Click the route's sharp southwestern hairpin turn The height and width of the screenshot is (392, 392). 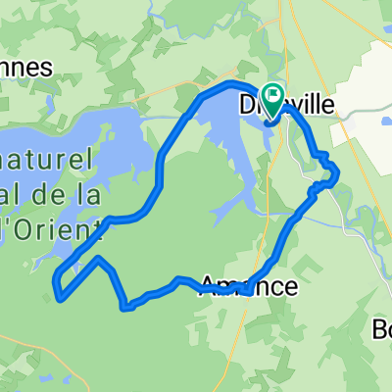point(59,293)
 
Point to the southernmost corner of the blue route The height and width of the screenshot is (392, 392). point(124,308)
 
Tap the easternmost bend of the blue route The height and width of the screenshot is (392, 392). point(337,174)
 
